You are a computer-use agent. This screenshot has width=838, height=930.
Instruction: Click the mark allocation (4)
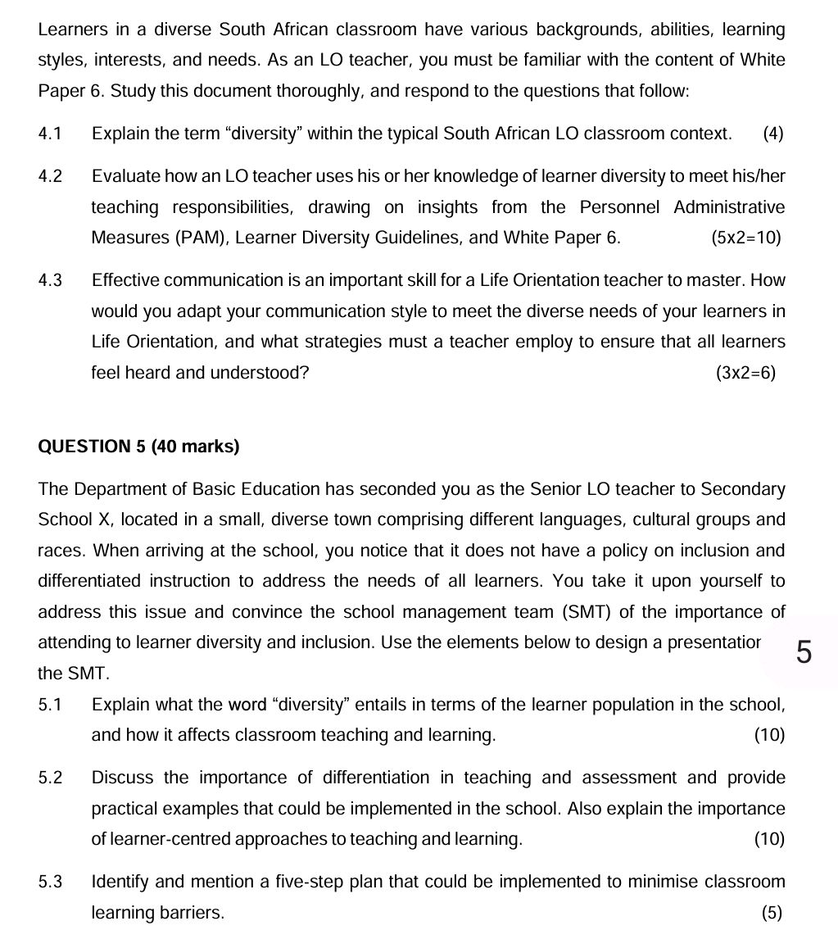[x=772, y=134]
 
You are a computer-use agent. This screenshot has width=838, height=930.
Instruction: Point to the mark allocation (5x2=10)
[x=745, y=238]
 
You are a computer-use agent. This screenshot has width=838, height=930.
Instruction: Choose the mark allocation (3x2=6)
[x=745, y=374]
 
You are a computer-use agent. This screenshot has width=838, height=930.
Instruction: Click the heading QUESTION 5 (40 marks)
[x=138, y=447]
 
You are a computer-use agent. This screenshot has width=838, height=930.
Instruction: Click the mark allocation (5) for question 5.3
[x=772, y=914]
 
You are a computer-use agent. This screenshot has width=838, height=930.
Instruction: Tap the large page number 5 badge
[x=804, y=654]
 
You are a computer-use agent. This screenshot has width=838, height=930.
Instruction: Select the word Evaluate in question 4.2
[x=125, y=176]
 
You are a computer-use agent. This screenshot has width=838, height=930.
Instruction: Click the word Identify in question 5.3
[x=120, y=882]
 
